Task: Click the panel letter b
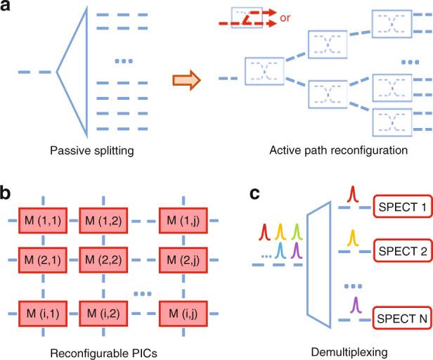click(9, 192)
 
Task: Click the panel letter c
click(257, 192)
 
